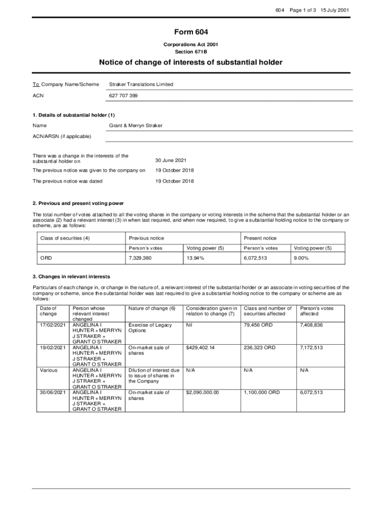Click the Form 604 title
point(191,32)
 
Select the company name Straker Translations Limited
point(141,84)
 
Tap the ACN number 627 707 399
point(123,95)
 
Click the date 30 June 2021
point(171,160)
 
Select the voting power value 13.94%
point(195,258)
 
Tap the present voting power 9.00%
point(301,258)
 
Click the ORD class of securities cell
point(46,258)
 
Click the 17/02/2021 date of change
point(52,325)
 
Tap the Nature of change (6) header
point(152,309)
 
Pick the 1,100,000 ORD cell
point(261,392)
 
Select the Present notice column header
point(260,238)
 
